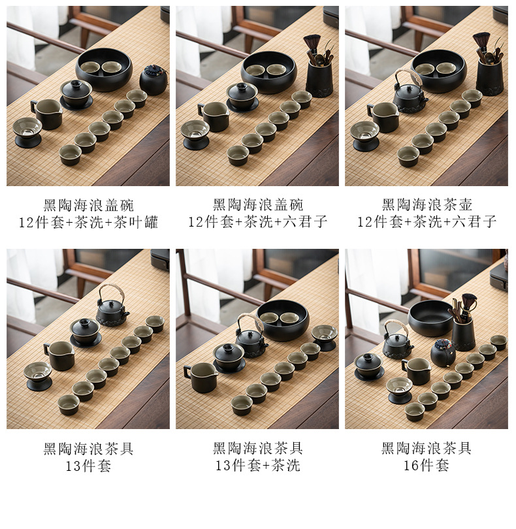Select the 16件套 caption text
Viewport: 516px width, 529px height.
(427, 466)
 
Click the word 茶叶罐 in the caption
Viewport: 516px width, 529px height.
(136, 223)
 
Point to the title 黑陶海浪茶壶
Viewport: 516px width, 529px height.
(427, 205)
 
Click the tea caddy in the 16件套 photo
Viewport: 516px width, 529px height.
(443, 353)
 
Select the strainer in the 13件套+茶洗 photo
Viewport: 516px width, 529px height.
(325, 338)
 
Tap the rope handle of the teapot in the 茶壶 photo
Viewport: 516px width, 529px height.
(406, 76)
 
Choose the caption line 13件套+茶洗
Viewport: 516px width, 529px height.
(258, 466)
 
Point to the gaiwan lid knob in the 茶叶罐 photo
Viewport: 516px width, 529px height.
(76, 84)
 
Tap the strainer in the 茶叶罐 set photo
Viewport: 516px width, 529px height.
(27, 132)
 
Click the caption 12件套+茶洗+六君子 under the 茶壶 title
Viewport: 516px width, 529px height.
(427, 222)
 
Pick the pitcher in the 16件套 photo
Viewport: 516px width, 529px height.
(416, 371)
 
